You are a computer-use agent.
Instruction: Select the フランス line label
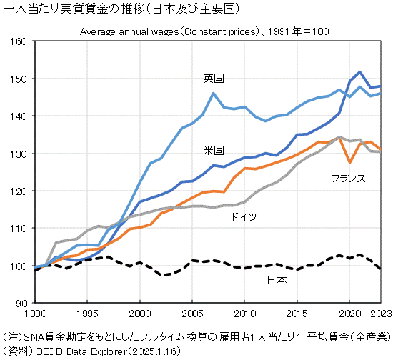tap(348, 178)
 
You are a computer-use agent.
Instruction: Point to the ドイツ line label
tap(243, 216)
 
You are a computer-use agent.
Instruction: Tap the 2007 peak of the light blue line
tap(213, 93)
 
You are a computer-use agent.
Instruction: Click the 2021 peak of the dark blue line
tap(360, 72)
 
